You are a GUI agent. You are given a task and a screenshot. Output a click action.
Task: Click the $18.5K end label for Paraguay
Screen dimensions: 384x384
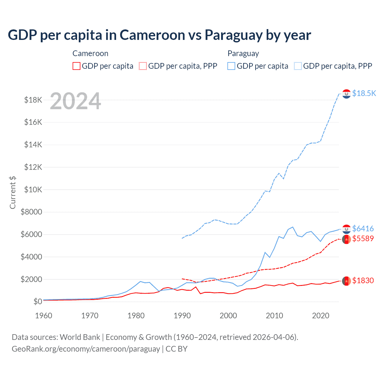click(x=364, y=93)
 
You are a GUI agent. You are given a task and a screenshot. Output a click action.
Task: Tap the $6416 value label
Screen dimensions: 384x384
click(x=363, y=229)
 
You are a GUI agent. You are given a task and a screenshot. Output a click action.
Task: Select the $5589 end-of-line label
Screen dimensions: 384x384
click(x=363, y=238)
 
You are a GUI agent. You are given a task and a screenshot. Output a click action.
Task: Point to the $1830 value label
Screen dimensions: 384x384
click(x=363, y=280)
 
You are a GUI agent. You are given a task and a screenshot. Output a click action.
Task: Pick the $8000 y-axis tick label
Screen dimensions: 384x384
click(x=31, y=212)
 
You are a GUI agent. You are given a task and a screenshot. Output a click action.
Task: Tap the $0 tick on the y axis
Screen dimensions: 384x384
click(x=37, y=301)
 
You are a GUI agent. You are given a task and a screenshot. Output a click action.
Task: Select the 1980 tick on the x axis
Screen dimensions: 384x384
click(x=136, y=316)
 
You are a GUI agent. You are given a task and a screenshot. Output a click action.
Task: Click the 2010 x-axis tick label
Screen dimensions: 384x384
click(x=274, y=316)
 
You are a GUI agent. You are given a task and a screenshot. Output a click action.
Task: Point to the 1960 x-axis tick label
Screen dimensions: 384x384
click(x=44, y=316)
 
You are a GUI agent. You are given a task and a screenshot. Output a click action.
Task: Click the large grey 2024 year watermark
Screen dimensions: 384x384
click(x=75, y=101)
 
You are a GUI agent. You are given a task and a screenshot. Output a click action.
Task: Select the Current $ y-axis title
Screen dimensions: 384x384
click(x=13, y=192)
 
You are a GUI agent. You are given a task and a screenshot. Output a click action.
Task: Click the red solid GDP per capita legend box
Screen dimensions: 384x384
click(x=76, y=66)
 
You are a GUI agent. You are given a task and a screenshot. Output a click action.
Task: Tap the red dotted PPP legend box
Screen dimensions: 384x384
click(x=143, y=66)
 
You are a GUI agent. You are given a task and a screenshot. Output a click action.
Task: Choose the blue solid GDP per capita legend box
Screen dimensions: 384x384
click(x=231, y=66)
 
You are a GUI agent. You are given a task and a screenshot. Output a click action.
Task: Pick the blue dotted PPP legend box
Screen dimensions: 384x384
click(x=298, y=66)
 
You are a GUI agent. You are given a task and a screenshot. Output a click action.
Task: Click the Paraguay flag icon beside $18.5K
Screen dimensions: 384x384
click(x=346, y=94)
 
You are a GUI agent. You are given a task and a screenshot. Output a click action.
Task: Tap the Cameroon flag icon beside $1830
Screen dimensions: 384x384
click(x=346, y=281)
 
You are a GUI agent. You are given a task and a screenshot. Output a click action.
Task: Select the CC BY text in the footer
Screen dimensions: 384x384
click(x=176, y=349)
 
